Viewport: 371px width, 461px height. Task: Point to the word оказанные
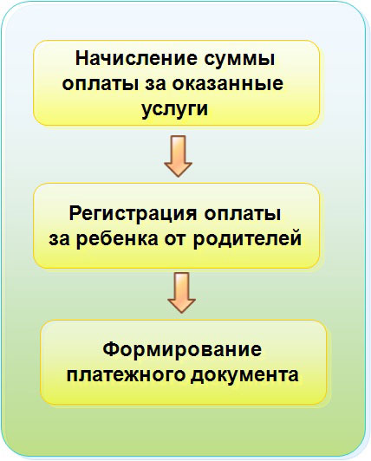click(x=228, y=84)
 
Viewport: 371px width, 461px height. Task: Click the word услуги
click(x=174, y=109)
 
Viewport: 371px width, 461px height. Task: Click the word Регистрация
click(x=133, y=214)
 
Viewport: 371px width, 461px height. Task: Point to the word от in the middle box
click(x=175, y=239)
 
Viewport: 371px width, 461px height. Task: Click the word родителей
click(x=247, y=240)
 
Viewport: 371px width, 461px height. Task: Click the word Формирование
click(x=182, y=349)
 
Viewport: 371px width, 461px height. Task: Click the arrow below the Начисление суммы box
click(x=178, y=156)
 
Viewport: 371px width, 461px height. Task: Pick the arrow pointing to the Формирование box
click(x=181, y=292)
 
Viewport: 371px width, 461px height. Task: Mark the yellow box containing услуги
click(x=176, y=83)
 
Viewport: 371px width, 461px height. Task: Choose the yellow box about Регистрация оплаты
click(x=176, y=225)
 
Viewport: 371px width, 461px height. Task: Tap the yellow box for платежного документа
click(x=183, y=362)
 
